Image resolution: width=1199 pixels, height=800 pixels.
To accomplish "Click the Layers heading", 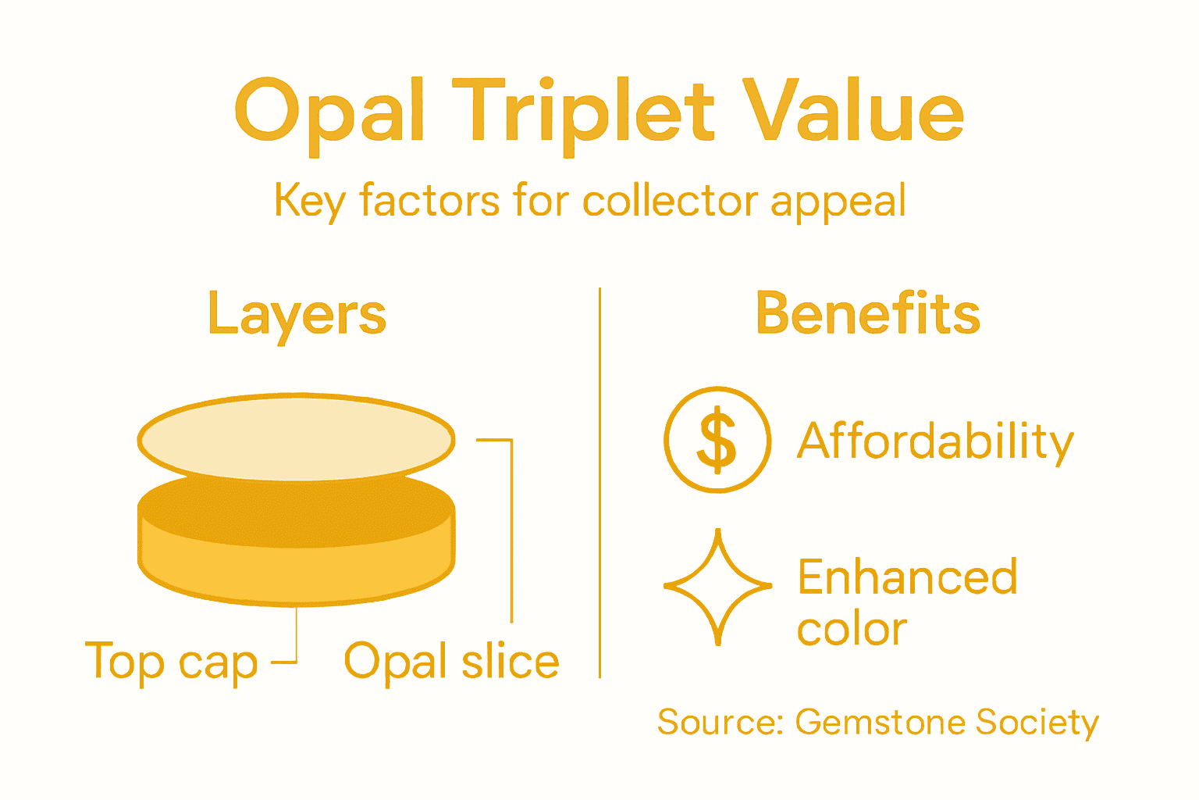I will click(297, 315).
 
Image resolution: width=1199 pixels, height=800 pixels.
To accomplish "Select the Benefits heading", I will click(867, 313).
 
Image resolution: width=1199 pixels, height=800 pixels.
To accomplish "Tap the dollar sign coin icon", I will click(717, 440).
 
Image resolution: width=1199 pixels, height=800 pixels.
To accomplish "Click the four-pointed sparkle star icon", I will click(717, 586).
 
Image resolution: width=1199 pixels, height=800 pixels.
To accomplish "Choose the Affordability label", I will click(935, 441).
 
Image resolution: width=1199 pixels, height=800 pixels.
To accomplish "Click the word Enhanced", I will click(907, 577).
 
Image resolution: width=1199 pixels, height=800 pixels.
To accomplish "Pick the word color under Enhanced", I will click(852, 629).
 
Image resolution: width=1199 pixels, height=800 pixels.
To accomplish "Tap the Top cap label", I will click(171, 662).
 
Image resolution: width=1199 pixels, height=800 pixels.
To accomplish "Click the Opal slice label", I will click(451, 662).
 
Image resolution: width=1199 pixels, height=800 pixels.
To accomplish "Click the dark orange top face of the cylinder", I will click(296, 516).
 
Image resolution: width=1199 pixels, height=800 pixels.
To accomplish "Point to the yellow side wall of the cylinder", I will click(296, 574).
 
